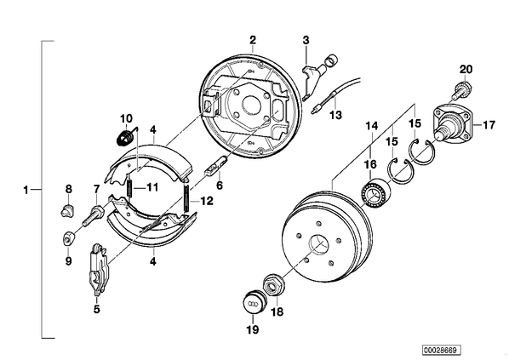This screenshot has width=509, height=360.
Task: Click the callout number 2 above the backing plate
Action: point(253,40)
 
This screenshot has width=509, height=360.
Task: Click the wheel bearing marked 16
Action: point(374,193)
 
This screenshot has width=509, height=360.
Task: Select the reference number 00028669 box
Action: point(441,351)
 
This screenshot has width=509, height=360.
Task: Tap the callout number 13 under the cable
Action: point(336,115)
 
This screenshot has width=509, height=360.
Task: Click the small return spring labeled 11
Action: point(130,187)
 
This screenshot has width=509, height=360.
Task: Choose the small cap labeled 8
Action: point(67,211)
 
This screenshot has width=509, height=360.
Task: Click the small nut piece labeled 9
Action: point(68,239)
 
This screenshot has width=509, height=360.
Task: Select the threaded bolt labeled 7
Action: point(93,214)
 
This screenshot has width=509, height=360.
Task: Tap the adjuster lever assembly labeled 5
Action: point(99,270)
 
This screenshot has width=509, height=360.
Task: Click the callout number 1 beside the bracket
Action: point(26,190)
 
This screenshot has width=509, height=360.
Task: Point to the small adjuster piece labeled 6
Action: point(215,167)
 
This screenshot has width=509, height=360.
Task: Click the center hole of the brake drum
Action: point(318,243)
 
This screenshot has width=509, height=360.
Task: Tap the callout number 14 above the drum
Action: point(372,125)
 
